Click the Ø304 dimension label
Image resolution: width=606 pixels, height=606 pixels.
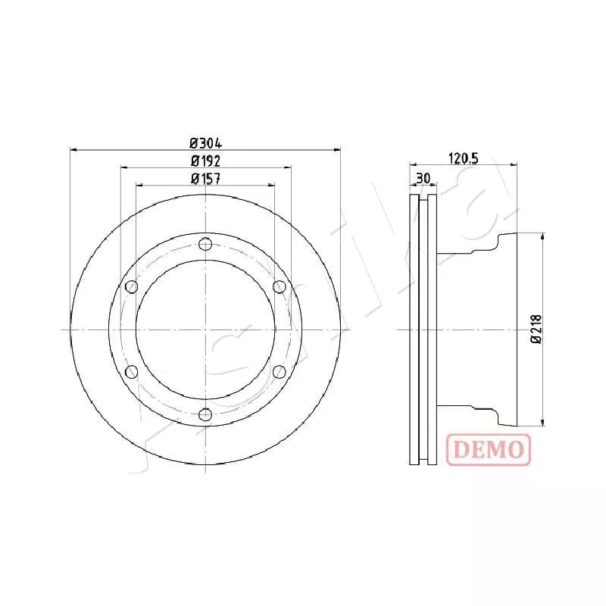point(205,142)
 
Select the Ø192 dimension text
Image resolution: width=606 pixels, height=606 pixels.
point(205,161)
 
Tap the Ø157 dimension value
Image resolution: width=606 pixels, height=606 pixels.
point(205,179)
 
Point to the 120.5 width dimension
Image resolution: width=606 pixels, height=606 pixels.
point(464,158)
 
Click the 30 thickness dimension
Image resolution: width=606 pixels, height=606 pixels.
point(423,178)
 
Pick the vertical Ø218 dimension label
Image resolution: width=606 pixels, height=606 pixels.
point(536,330)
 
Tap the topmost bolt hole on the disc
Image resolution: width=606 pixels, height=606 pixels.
point(205,244)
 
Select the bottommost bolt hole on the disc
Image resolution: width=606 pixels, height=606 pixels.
point(205,414)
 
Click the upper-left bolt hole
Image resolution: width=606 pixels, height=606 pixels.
point(130,286)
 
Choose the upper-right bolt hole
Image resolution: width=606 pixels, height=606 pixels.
point(279,286)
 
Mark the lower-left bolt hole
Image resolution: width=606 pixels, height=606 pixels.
point(130,371)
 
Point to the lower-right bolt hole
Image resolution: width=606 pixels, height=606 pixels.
point(279,371)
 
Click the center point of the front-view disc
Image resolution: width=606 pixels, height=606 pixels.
point(205,330)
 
